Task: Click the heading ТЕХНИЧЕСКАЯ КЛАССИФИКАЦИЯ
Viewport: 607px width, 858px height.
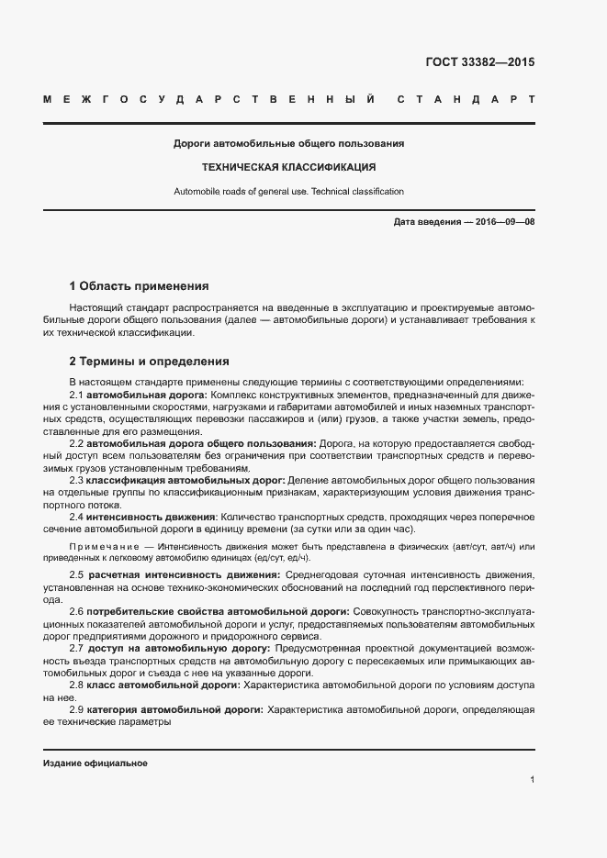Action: pos(289,168)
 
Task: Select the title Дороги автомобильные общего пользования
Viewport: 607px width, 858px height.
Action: pos(289,144)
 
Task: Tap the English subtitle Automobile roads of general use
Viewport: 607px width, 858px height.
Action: pos(289,192)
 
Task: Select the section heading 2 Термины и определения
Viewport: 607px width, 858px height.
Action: pos(149,361)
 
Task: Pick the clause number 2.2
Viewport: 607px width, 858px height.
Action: pos(76,443)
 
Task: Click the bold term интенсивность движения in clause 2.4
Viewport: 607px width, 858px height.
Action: pos(152,518)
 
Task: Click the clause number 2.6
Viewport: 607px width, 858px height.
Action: pos(76,611)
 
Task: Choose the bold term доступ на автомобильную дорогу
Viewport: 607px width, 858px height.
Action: pos(177,648)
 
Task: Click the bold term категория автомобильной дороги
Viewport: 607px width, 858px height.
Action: pos(174,709)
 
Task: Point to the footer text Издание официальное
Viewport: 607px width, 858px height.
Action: pos(96,763)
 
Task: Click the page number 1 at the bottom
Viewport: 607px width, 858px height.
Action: pos(532,780)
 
